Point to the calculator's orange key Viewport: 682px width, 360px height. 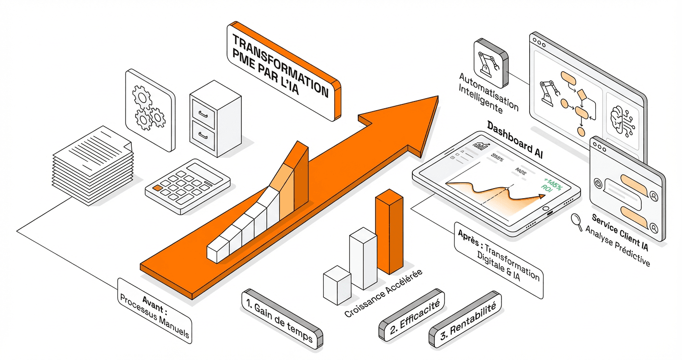(x=157, y=189)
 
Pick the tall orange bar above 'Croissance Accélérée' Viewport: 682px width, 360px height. (x=388, y=230)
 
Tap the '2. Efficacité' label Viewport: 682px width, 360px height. (x=412, y=314)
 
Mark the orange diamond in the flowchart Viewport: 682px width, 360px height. (x=582, y=93)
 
